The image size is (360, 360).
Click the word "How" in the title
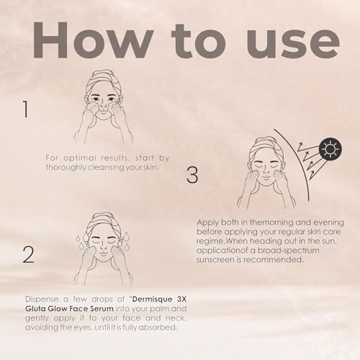(x=93, y=40)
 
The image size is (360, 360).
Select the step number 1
(x=26, y=109)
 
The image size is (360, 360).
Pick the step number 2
(x=28, y=255)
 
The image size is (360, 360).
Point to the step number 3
(x=192, y=175)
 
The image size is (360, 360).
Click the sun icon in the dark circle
(x=330, y=149)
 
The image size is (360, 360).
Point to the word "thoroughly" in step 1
(x=66, y=167)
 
